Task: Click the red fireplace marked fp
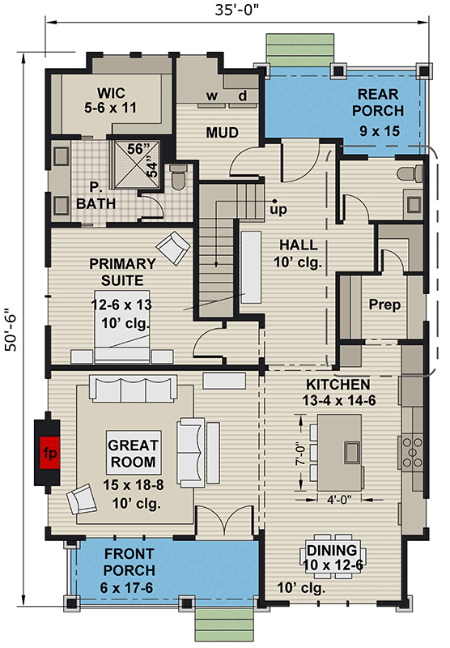pyautogui.click(x=51, y=450)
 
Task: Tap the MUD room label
pyautogui.click(x=220, y=131)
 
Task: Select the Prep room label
pyautogui.click(x=384, y=305)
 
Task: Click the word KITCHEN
pyautogui.click(x=338, y=383)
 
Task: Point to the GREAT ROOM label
pyautogui.click(x=134, y=454)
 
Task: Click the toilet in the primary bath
pyautogui.click(x=179, y=176)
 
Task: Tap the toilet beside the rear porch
pyautogui.click(x=414, y=173)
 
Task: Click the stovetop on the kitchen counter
pyautogui.click(x=408, y=449)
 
